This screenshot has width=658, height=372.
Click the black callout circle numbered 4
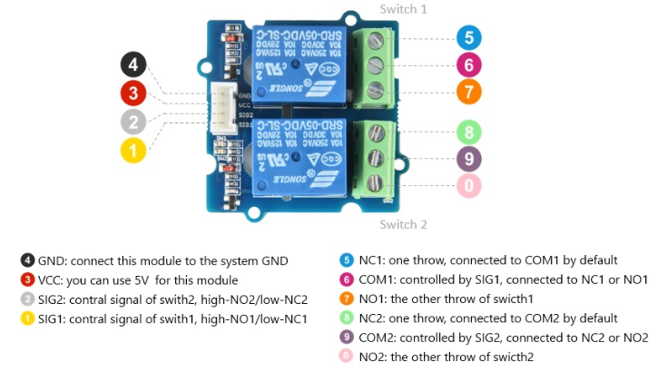coord(133,65)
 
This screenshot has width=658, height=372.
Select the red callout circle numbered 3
coord(133,93)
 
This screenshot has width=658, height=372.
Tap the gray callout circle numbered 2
coord(133,122)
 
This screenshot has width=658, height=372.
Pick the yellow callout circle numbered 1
coord(133,150)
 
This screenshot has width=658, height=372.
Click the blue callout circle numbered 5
coord(469,38)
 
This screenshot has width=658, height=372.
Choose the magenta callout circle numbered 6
coord(469,65)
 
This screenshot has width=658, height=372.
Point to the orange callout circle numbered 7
coord(469,92)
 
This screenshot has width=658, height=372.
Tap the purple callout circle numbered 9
coord(469,160)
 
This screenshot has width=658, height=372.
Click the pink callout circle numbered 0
coord(469,187)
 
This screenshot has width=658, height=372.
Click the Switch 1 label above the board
coord(404,9)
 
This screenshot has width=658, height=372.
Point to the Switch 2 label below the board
coord(404,224)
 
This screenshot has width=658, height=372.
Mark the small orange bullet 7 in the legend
coord(347,299)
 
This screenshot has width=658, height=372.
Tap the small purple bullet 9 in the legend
coord(347,338)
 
